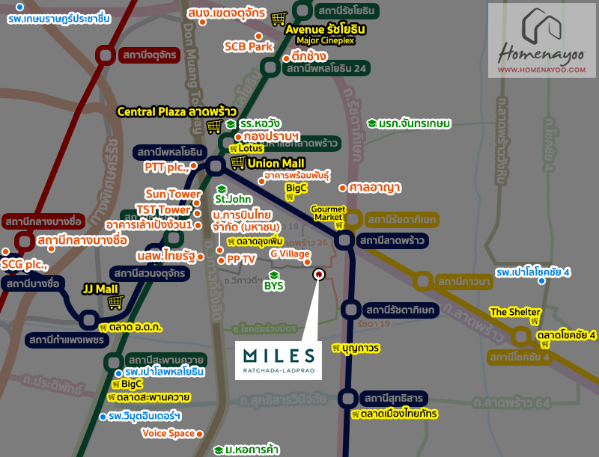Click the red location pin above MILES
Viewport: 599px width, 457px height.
318,274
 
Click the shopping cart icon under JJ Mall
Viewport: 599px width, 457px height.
115,302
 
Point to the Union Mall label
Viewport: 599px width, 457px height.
274,162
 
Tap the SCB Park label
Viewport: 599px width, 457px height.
250,46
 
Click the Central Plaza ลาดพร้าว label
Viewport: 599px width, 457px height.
171,111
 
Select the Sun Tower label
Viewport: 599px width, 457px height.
173,194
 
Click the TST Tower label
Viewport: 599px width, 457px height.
163,209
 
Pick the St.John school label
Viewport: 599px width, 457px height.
232,199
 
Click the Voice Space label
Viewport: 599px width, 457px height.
168,433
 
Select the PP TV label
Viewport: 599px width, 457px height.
241,259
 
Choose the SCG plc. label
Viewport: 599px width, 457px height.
24,265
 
